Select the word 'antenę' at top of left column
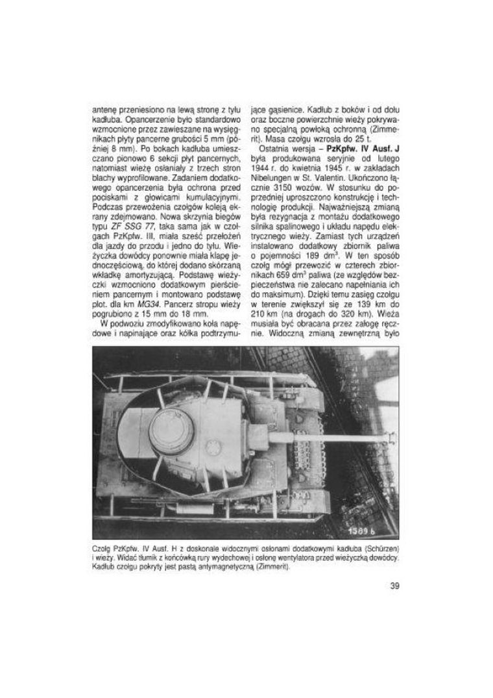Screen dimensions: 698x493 coord(104,109)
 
